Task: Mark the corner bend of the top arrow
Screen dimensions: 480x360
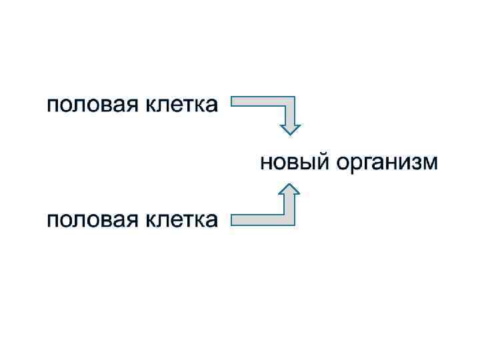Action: pyautogui.click(x=289, y=105)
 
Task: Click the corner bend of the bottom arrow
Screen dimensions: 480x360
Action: pyautogui.click(x=289, y=218)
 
